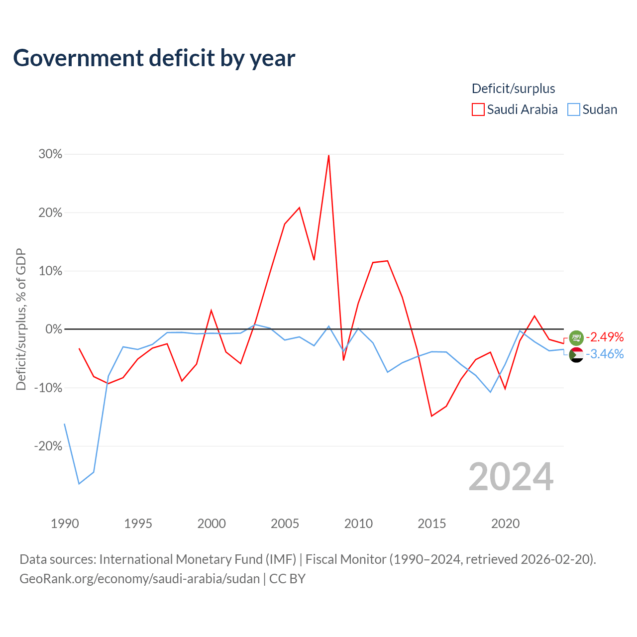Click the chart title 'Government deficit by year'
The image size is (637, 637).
point(154,59)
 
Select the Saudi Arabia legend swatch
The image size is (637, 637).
point(478,109)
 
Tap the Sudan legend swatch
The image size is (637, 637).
point(573,109)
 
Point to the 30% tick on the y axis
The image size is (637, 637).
point(50,154)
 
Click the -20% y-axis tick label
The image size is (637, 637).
point(48,446)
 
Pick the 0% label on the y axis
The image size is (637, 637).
point(54,329)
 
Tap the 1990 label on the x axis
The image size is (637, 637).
point(65,524)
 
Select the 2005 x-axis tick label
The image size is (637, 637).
point(285,524)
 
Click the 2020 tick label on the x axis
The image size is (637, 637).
point(506,524)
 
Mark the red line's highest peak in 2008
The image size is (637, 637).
point(328,155)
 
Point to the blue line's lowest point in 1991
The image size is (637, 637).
point(79,484)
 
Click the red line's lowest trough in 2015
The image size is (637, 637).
point(432,416)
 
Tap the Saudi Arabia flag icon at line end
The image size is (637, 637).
point(576,338)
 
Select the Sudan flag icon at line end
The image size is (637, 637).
point(576,355)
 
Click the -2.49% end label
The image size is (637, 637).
point(605,337)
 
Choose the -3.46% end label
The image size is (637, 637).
point(605,354)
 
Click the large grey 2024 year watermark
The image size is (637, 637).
point(511,477)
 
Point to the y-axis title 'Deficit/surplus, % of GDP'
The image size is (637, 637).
point(21,319)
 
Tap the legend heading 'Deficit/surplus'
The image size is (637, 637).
point(514,89)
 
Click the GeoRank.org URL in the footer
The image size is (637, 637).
point(139,579)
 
